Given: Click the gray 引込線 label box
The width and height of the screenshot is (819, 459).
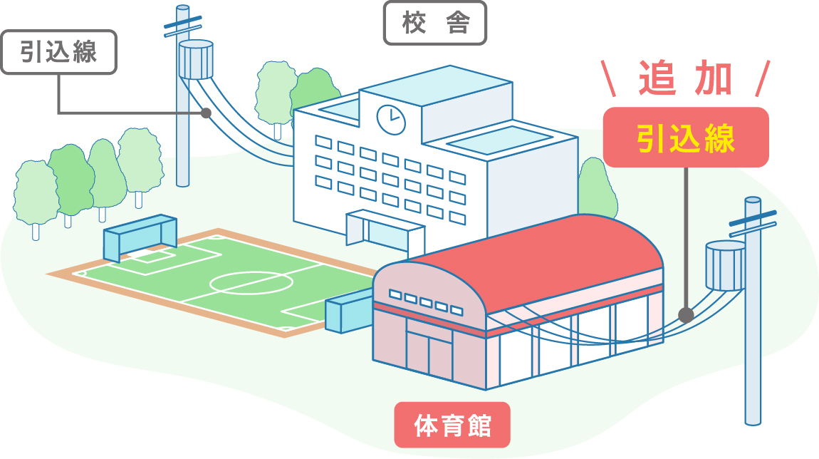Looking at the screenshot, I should [58, 52].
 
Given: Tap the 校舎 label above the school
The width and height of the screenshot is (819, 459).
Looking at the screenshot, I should [435, 24].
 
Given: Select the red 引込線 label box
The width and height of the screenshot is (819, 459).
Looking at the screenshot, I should [685, 138].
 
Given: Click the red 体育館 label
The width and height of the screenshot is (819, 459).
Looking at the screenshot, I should [452, 426].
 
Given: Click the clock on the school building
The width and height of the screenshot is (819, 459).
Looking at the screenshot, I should [390, 119].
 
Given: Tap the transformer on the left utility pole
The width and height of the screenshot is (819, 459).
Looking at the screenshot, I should [196, 58].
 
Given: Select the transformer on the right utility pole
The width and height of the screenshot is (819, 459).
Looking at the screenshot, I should [724, 266].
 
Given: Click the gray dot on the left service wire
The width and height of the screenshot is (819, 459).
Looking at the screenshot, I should [206, 113].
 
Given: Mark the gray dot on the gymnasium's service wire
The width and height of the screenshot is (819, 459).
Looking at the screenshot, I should [685, 314].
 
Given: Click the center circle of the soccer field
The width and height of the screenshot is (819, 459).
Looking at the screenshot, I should [251, 283].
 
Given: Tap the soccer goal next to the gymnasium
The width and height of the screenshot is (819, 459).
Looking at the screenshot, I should [348, 314].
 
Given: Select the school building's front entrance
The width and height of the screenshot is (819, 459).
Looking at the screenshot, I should [385, 232].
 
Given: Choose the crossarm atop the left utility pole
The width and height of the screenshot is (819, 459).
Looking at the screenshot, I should [183, 28].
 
